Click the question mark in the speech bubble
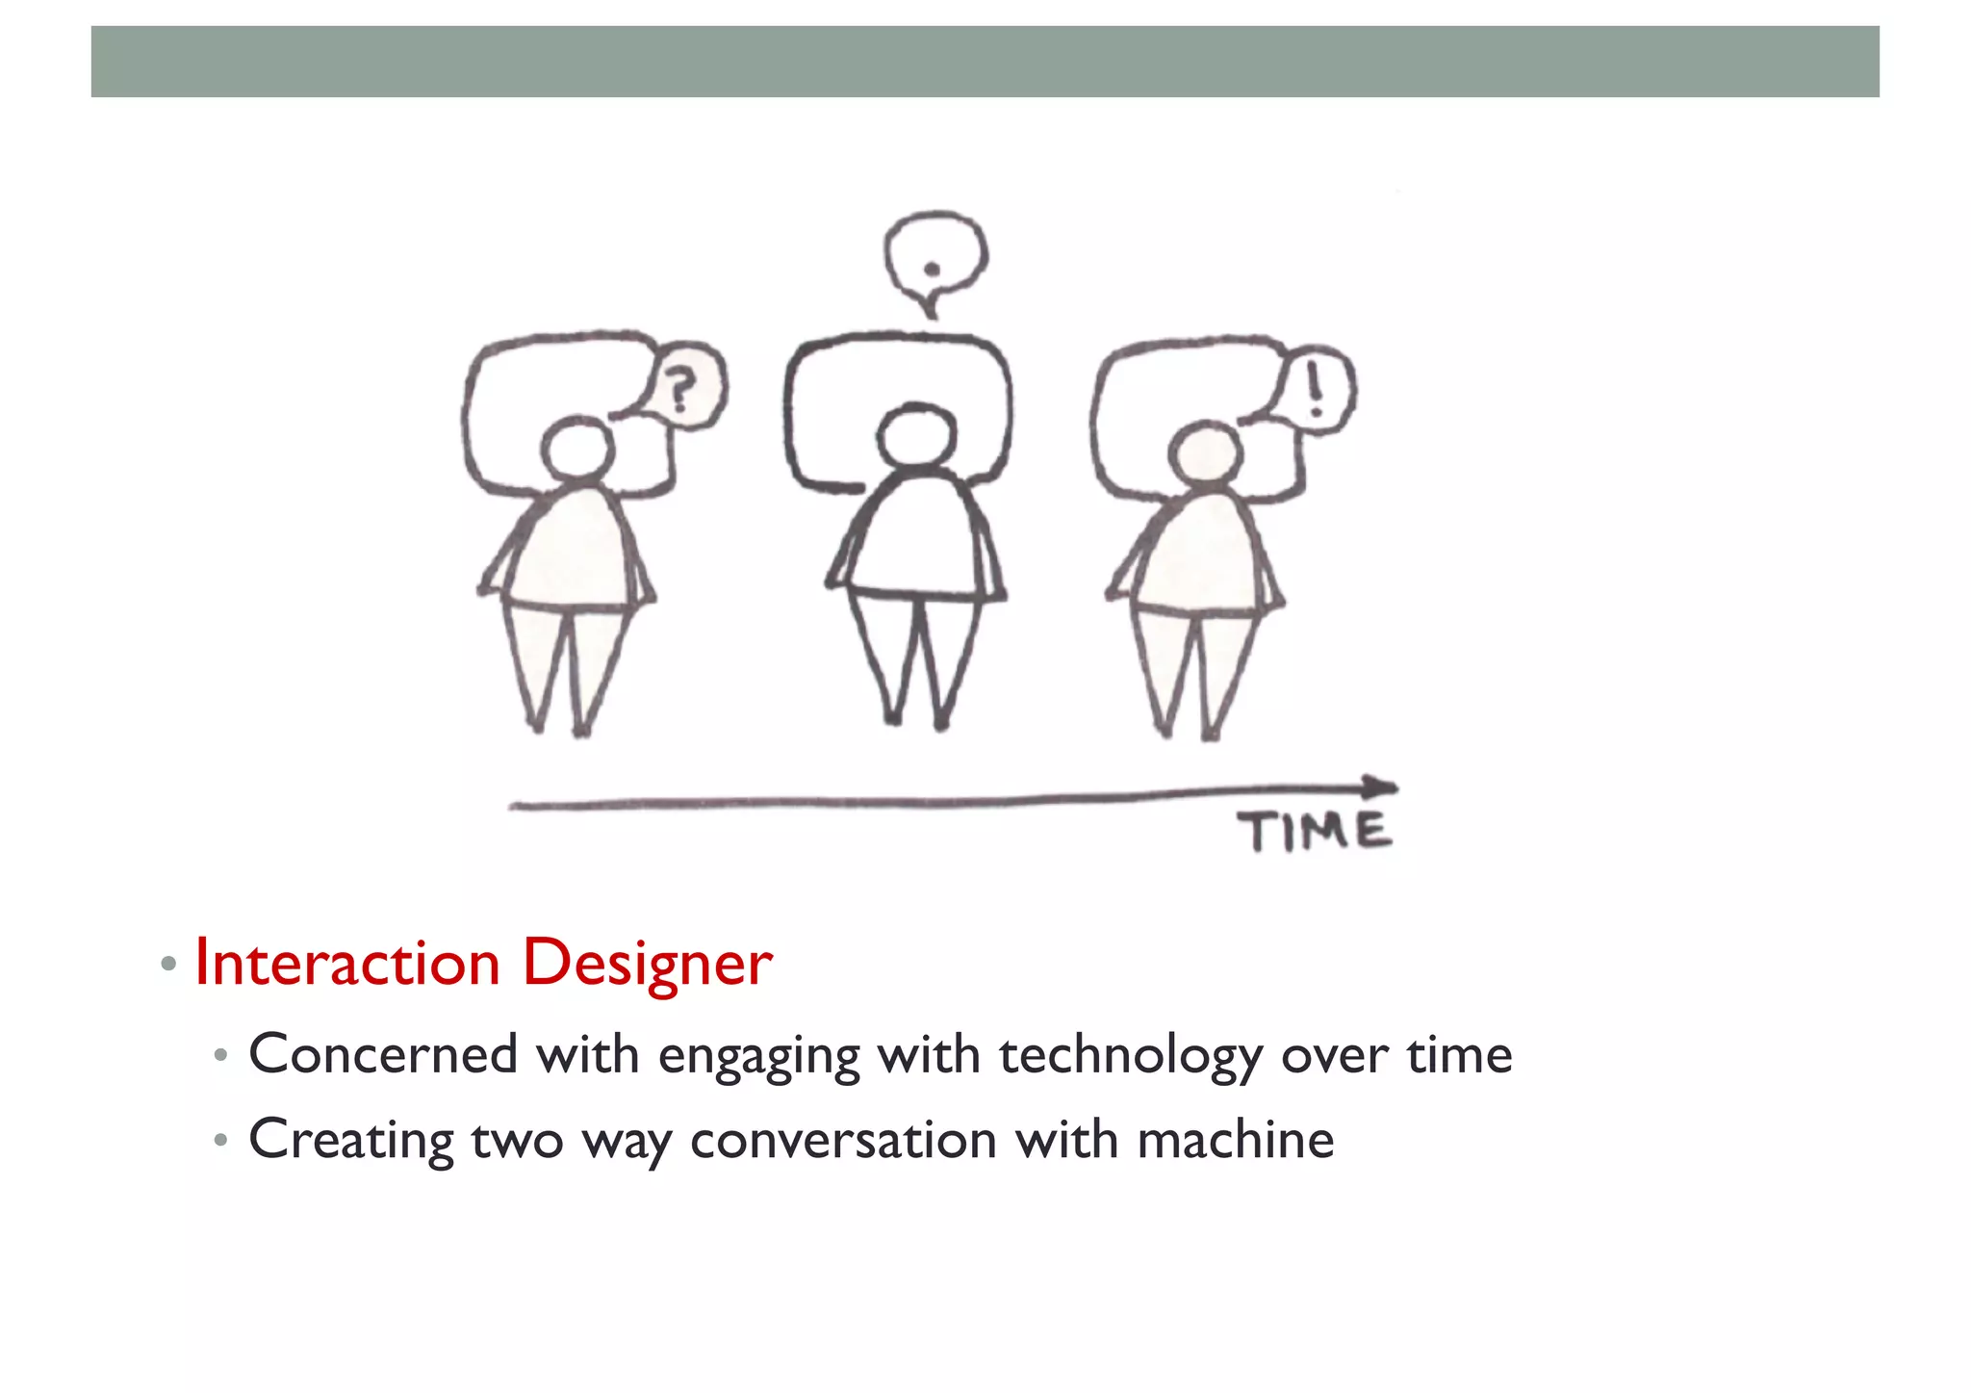tap(680, 390)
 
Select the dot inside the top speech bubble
tap(931, 270)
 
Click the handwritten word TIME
tap(1315, 832)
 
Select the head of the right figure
tap(1205, 455)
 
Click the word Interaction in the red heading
tap(347, 963)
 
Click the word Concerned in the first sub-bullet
tap(383, 1054)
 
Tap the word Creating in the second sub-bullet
tap(351, 1141)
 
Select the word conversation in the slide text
tap(844, 1141)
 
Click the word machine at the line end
tap(1236, 1141)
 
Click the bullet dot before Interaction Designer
tap(168, 963)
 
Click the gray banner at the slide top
tap(985, 62)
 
